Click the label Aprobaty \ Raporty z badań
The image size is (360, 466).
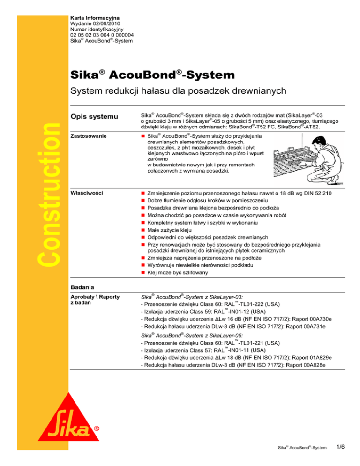97,300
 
